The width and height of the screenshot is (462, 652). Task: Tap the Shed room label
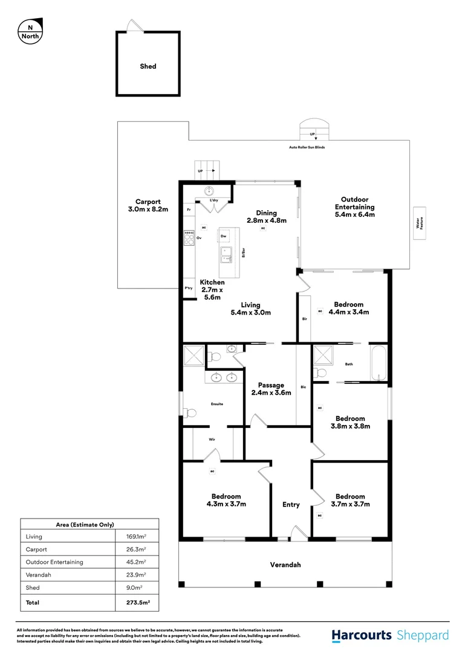tap(148, 66)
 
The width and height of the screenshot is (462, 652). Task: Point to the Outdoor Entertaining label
tap(354, 206)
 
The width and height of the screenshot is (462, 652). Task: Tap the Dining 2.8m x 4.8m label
tap(266, 217)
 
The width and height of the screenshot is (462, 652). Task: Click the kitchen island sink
tap(226, 255)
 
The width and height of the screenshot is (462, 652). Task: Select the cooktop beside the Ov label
tap(189, 237)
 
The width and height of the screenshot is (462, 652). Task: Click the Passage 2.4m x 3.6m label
tap(271, 389)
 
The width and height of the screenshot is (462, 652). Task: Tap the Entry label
tap(291, 505)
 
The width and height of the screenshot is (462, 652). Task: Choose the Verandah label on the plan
tap(285, 565)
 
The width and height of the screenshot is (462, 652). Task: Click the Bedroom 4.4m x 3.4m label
tap(348, 308)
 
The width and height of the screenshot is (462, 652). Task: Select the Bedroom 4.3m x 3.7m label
tap(226, 500)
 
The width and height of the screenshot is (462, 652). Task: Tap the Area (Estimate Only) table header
tap(89, 525)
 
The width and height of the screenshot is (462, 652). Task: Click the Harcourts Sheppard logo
tap(390, 635)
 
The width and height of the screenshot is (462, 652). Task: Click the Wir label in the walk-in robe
tap(212, 439)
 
